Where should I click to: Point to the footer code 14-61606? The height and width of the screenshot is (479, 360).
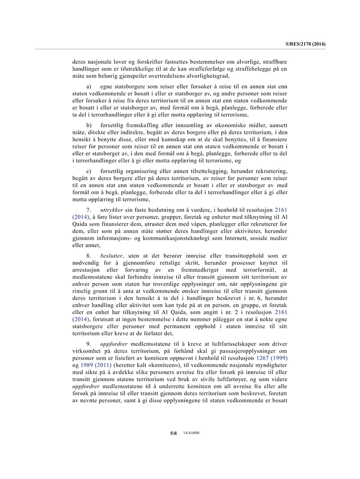tap(191, 433)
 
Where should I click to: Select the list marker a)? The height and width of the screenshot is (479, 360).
tap(89, 85)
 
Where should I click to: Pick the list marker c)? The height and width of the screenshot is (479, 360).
tap(89, 171)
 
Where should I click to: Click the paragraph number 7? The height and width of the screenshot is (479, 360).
tap(89, 210)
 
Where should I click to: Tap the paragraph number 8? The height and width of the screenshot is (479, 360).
tap(89, 256)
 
